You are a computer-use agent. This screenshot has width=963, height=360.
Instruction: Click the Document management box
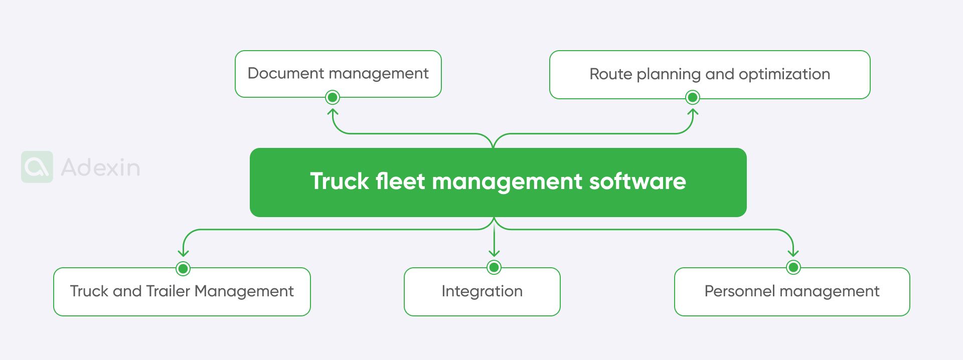338,74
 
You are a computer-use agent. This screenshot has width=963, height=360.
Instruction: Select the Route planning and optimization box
709,74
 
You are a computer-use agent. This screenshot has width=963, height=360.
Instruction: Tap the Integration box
482,292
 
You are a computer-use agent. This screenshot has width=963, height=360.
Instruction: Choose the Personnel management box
791,292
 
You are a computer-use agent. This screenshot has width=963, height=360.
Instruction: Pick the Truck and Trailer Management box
182,292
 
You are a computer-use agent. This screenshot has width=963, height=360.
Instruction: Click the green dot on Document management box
333,97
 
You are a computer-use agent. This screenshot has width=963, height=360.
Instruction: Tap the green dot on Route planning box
693,97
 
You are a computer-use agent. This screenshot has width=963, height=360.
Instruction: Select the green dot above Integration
494,267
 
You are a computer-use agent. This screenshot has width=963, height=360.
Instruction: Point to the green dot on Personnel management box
793,267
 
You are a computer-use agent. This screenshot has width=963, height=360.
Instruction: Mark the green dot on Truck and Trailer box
183,269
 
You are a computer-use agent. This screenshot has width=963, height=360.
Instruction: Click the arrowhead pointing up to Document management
333,112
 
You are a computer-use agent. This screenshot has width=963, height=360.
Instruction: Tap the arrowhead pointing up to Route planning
693,112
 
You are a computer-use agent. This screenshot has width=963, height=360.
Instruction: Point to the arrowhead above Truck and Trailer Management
183,254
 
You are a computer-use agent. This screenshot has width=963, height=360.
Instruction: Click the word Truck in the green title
340,182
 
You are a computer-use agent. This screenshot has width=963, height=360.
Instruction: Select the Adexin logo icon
37,167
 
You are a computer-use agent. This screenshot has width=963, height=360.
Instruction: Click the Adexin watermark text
100,167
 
